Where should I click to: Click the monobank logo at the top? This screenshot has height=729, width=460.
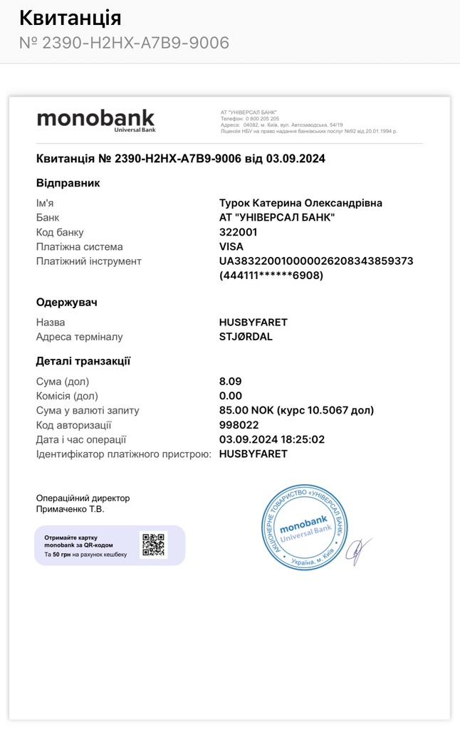[x=95, y=119]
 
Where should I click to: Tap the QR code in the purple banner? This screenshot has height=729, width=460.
[x=153, y=545]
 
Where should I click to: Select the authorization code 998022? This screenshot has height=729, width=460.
[x=239, y=425]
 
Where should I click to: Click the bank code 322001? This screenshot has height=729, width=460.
[x=239, y=232]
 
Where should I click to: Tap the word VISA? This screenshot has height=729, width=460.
[x=231, y=246]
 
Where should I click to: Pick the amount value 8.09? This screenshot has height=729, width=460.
[x=231, y=382]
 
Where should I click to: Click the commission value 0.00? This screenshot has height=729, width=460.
[x=231, y=396]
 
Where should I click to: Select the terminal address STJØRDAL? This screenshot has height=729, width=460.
[x=246, y=337]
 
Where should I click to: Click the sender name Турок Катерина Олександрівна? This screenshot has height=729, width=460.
[x=300, y=203]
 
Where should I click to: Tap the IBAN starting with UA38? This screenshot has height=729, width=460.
[x=316, y=261]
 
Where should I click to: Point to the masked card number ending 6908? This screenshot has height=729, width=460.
[x=271, y=276]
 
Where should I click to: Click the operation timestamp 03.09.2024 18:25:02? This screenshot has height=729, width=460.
[x=272, y=439]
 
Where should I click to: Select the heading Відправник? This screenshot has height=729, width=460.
[x=68, y=183]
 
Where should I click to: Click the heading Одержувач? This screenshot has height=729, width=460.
[x=67, y=302]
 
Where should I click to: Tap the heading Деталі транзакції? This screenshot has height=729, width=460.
[x=83, y=361]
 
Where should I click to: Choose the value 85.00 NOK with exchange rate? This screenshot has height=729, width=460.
[x=296, y=410]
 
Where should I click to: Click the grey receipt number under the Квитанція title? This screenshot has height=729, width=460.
[x=124, y=43]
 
